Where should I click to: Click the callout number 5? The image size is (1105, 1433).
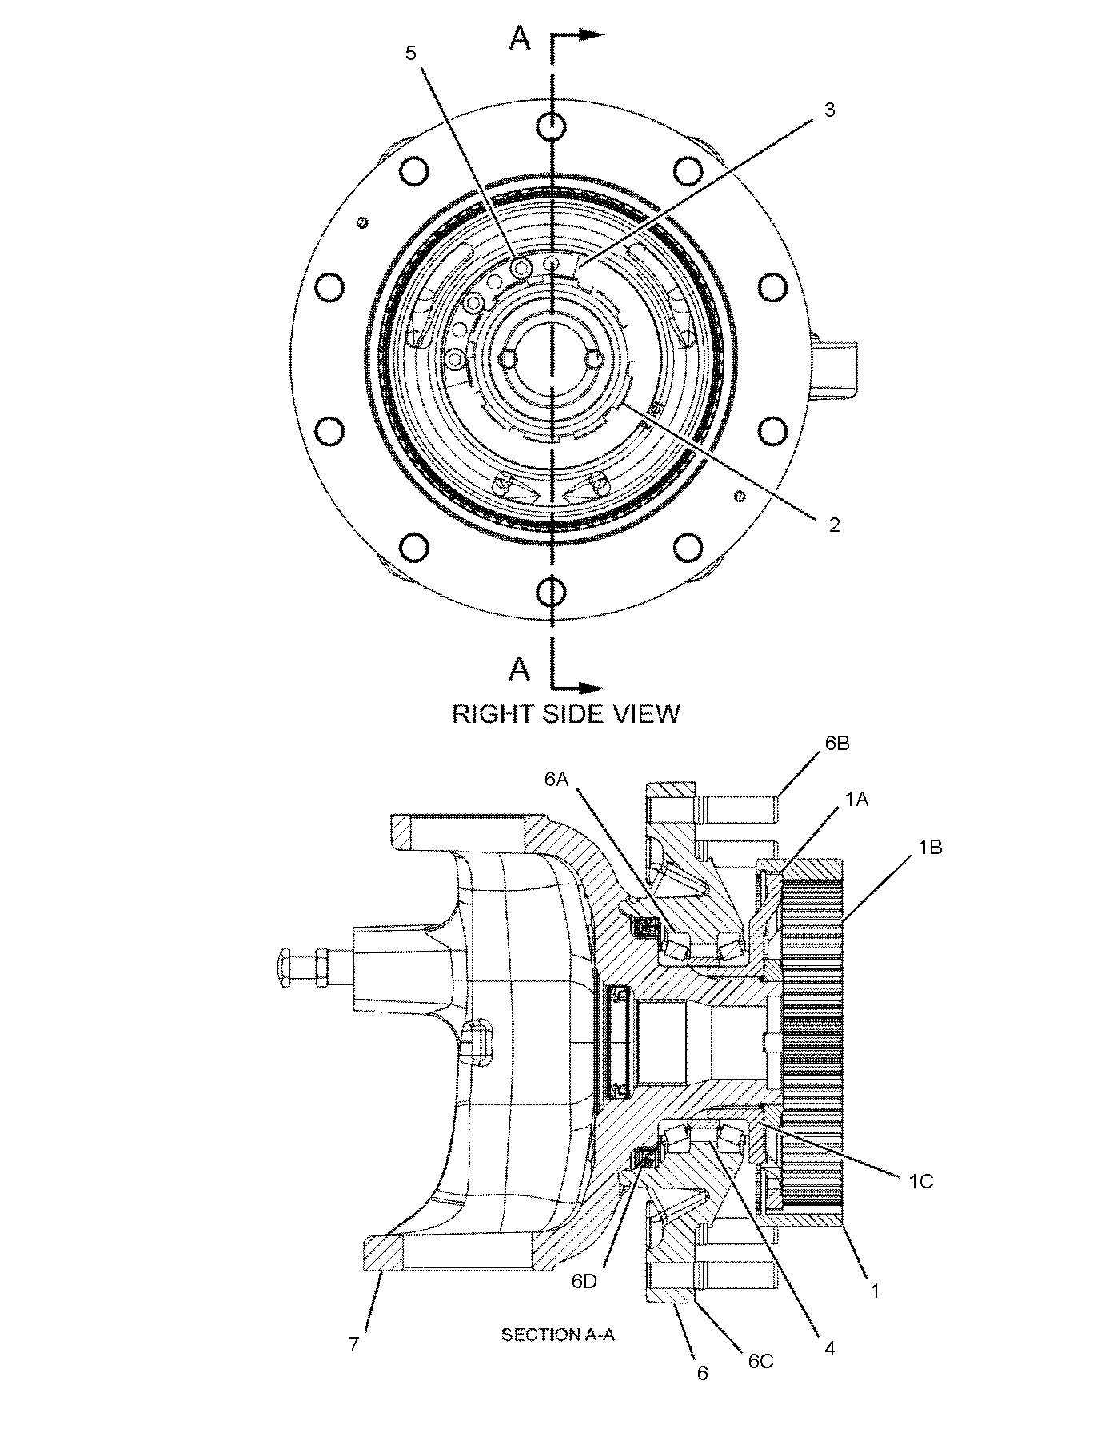coord(411,54)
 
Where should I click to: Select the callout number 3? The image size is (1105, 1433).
coord(829,110)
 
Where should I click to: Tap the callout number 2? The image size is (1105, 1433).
coord(834,525)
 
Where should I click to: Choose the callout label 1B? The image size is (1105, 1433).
coord(929,847)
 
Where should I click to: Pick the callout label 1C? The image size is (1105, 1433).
coord(920,1180)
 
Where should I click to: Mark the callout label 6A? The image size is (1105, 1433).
coord(556,780)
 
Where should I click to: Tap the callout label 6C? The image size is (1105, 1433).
coord(761,1361)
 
